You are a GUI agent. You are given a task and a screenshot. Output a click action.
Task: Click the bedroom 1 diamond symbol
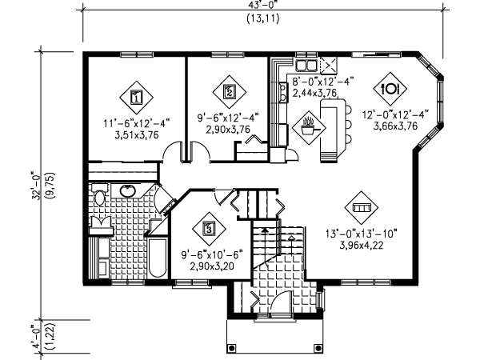coord(135,98)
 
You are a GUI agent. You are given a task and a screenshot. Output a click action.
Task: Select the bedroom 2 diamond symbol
coord(230,92)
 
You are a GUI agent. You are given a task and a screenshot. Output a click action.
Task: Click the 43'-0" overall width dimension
coord(264,4)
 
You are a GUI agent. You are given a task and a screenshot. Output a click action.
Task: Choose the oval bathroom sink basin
coord(128,192)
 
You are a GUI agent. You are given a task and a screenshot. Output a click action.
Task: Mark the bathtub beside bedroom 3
coord(157,258)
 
